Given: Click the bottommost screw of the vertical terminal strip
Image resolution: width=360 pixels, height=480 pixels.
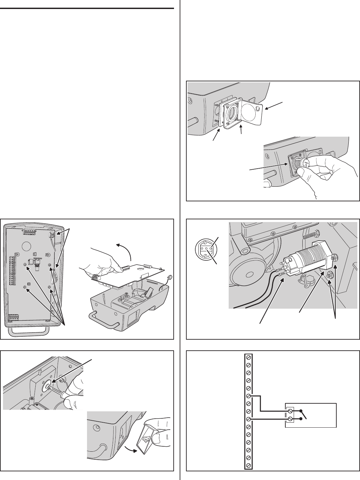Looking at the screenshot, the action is (248, 465).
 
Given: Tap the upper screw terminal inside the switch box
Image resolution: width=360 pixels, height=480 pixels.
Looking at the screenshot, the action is (290, 411).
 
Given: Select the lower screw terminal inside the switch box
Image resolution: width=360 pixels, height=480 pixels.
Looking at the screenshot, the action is (290, 419).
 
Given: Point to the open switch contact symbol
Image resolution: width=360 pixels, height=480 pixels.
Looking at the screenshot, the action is (304, 415).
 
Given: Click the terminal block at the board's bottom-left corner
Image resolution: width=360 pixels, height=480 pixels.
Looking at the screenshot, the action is (14, 317).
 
